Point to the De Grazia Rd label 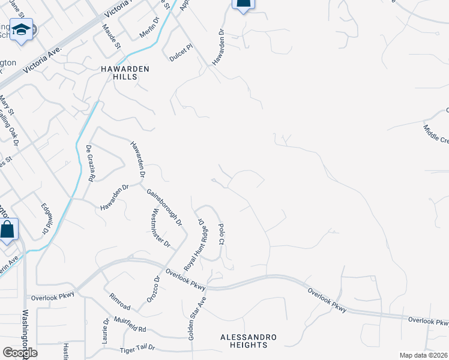(x=90, y=163)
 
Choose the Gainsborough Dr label (x=164, y=207)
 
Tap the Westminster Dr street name (x=160, y=229)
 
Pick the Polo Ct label (x=221, y=234)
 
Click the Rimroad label (x=119, y=302)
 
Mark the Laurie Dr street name (x=106, y=329)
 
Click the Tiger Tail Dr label (x=137, y=348)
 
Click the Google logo (x=20, y=352)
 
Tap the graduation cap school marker (x=22, y=31)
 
